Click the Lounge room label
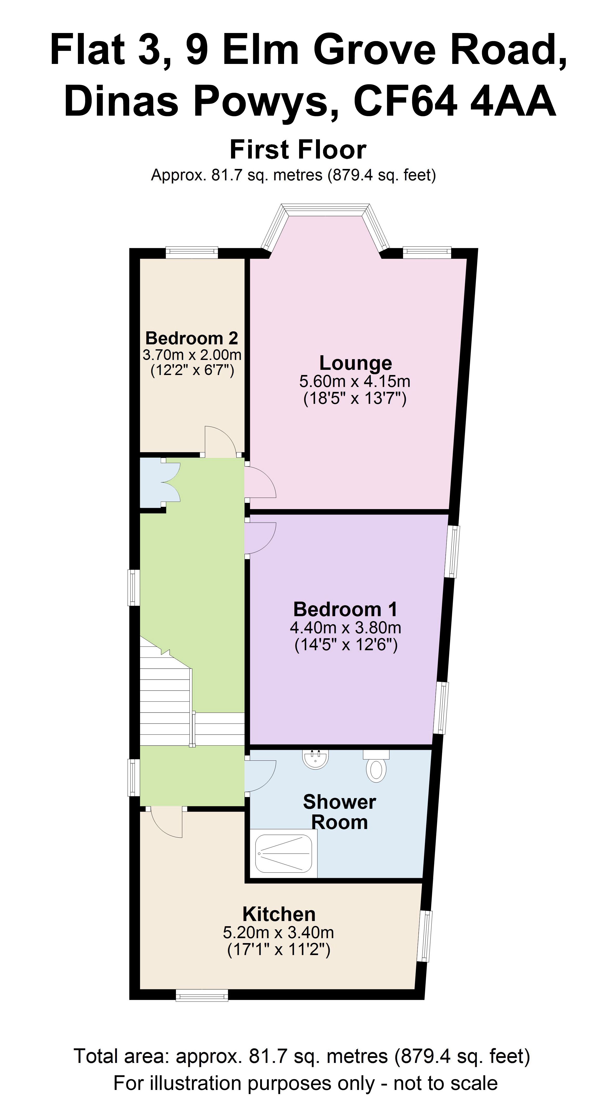356,363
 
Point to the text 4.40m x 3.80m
345,628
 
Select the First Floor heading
298,149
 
